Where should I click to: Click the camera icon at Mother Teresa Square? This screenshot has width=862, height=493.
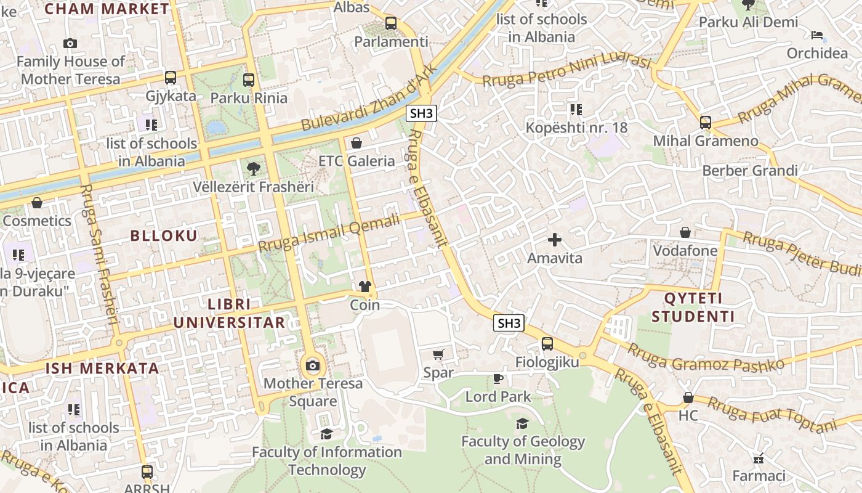pos(313,366)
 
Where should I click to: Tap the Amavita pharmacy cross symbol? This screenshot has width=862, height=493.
pos(555,240)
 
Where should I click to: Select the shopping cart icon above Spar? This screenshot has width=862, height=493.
pos(438,354)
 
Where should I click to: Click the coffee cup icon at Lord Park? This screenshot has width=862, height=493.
pos(497,378)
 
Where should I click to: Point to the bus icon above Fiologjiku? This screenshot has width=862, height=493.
pos(547,344)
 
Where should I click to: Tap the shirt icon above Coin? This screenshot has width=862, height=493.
pos(365,287)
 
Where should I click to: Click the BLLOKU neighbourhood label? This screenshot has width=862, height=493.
pos(164,236)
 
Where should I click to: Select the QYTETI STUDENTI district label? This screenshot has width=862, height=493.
pos(693,308)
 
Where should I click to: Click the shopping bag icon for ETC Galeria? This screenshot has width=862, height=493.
pos(356,144)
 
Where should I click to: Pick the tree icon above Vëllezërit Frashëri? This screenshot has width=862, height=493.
pos(252,168)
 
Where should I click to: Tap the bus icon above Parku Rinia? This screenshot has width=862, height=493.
pos(249,80)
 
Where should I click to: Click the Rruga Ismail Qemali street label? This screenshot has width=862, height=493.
pos(329,233)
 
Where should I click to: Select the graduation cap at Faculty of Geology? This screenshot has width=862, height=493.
pos(522,423)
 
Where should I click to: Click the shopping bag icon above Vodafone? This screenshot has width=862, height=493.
pos(685,232)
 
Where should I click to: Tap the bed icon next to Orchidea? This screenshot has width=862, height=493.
pos(817,35)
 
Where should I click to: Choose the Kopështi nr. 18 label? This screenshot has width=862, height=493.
pos(576,128)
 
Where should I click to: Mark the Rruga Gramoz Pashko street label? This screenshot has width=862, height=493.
pos(706,357)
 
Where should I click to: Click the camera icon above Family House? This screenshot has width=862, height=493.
pos(70,43)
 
